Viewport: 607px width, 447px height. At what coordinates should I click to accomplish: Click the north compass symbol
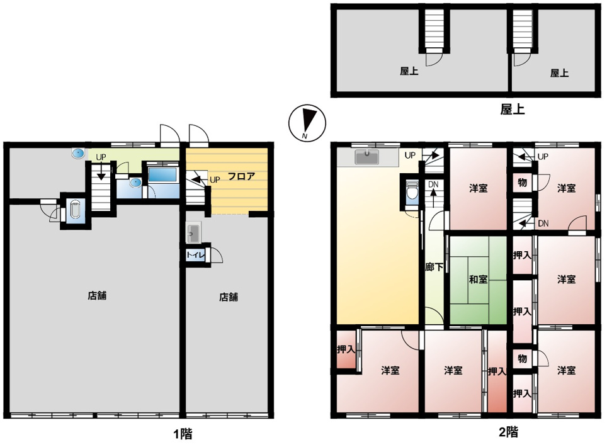[307, 123]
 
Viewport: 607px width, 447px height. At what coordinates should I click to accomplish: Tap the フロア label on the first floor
[241, 176]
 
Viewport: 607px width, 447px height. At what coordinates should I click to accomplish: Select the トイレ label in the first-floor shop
[195, 255]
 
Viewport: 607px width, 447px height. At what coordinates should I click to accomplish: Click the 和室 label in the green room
[478, 279]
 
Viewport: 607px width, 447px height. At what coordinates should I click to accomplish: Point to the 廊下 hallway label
[434, 267]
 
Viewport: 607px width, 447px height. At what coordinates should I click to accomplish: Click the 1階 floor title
[183, 434]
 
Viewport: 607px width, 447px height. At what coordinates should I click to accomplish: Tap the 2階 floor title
[508, 432]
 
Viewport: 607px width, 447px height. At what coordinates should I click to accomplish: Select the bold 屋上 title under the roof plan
[512, 110]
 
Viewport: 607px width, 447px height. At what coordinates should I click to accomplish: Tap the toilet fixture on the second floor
[412, 192]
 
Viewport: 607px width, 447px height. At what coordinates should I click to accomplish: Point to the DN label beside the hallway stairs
[433, 184]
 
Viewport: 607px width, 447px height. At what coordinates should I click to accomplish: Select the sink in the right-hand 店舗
[193, 234]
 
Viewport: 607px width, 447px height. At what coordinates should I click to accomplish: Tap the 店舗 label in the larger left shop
[97, 296]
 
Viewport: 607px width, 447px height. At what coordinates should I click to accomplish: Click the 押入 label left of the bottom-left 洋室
[346, 349]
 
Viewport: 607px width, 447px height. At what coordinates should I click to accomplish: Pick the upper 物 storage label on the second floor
[522, 183]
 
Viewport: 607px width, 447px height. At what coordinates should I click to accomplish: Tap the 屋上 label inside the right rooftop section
[559, 73]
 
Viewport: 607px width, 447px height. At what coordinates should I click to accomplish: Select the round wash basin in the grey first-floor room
[78, 154]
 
